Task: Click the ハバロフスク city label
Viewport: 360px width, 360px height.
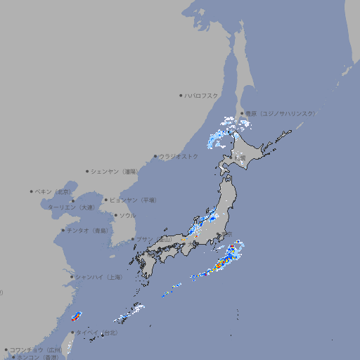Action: pos(202,95)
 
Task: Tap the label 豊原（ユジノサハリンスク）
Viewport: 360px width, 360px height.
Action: pos(280,113)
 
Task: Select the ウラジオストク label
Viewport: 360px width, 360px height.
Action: pos(179,156)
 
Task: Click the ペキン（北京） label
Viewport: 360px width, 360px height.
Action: pos(53,191)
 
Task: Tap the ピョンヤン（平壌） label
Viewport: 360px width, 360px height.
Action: pos(133,200)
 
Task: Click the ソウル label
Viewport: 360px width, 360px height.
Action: pos(127,215)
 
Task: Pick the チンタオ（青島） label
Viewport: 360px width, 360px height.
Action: pos(87,230)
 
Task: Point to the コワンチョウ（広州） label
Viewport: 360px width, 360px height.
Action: pos(35,349)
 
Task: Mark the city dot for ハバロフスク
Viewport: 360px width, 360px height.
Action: pos(181,95)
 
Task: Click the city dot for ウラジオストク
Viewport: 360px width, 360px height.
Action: pos(155,156)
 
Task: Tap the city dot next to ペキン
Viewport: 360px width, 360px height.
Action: pos(32,191)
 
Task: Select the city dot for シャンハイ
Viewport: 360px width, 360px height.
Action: pos(72,277)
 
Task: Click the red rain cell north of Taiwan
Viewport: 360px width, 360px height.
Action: pos(75,317)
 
